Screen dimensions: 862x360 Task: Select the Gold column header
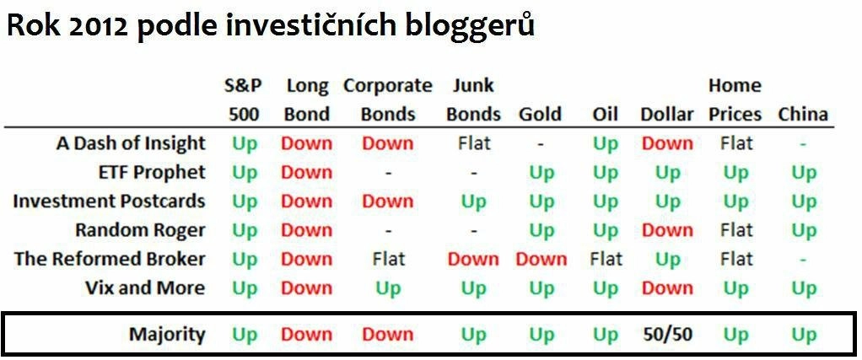click(x=540, y=115)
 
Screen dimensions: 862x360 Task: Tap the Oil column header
click(x=606, y=115)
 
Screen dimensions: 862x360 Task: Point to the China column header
click(x=803, y=115)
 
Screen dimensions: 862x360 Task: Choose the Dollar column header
click(x=667, y=115)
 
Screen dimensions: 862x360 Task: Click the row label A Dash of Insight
click(x=131, y=143)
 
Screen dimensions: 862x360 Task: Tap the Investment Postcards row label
click(x=109, y=201)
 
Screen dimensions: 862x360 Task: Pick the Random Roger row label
click(x=140, y=229)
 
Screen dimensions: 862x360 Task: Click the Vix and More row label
click(x=145, y=287)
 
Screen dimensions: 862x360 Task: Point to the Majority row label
click(x=167, y=334)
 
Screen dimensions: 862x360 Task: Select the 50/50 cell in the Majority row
click(x=667, y=334)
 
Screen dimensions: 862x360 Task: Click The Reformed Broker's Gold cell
click(x=541, y=259)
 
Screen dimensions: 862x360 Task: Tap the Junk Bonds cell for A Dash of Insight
click(x=474, y=143)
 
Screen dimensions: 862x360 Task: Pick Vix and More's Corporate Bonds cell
click(x=388, y=288)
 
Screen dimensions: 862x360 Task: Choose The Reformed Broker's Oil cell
click(x=606, y=259)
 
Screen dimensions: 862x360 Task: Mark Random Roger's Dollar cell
click(x=667, y=229)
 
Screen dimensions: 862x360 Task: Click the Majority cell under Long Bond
click(x=307, y=334)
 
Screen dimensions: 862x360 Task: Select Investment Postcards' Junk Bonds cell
click(x=474, y=202)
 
